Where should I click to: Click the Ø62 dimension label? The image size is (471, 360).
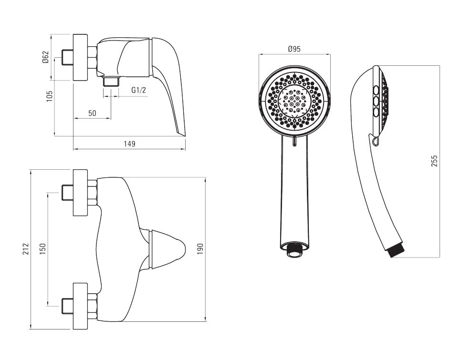45,57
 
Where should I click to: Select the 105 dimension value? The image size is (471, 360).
50,96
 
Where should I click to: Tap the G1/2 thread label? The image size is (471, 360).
139,90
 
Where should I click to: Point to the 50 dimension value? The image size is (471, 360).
92,113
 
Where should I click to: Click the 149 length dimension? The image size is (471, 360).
129,144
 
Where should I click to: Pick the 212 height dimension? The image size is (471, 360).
26,249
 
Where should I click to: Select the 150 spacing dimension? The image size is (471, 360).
42,249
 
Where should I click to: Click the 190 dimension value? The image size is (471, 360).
200,249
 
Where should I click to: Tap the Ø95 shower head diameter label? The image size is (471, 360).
294,49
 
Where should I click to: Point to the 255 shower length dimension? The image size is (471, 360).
434,161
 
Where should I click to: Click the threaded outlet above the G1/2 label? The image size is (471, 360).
111,82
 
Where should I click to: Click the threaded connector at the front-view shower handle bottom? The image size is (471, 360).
295,250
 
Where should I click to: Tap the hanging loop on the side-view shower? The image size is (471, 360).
374,141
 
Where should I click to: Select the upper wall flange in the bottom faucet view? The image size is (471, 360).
81,193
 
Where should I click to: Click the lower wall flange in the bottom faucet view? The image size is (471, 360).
81,306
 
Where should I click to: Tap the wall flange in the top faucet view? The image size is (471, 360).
81,57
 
